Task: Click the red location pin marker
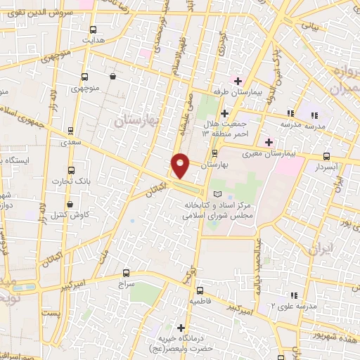(x=180, y=165)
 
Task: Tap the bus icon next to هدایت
(x=94, y=30)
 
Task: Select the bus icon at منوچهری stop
(x=85, y=77)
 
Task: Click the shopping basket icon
(x=112, y=77)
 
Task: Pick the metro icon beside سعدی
(x=70, y=131)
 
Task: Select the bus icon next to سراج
(x=126, y=272)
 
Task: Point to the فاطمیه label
(x=200, y=300)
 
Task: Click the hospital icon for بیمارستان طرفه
(x=238, y=81)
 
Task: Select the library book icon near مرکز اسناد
(x=217, y=193)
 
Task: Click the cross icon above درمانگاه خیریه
(x=181, y=328)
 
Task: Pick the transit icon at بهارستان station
(x=214, y=152)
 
